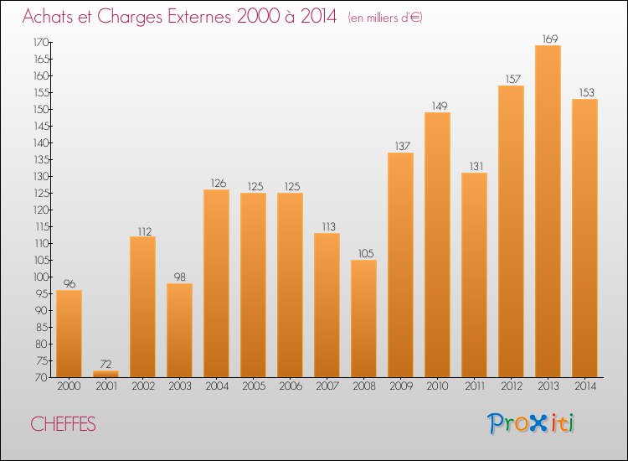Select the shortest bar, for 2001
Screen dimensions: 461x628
106,374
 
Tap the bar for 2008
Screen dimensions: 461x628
363,319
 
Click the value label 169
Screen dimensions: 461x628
548,37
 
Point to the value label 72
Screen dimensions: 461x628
106,363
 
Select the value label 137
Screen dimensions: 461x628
400,145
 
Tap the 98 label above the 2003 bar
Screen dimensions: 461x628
179,276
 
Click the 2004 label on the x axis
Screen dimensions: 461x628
216,386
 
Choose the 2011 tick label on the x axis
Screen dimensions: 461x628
474,386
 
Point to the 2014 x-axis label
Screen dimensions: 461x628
584,386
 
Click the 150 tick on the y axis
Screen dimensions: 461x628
40,109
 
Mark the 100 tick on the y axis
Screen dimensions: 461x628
40,277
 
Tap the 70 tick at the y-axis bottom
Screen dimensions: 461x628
42,377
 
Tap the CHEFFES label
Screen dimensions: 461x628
63,425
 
